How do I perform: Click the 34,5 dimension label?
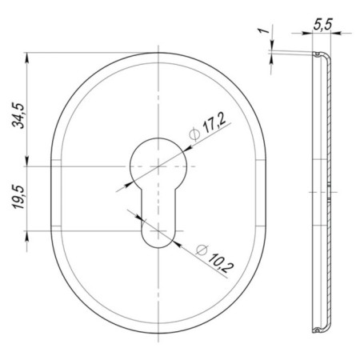[19, 115]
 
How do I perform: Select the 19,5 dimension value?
[19, 197]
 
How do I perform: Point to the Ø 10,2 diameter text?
[214, 258]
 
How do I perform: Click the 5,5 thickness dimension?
[322, 25]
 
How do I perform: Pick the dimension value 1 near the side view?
[264, 30]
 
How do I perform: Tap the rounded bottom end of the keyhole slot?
[158, 239]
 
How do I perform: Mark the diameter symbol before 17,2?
[194, 134]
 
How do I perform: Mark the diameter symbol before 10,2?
[202, 250]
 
